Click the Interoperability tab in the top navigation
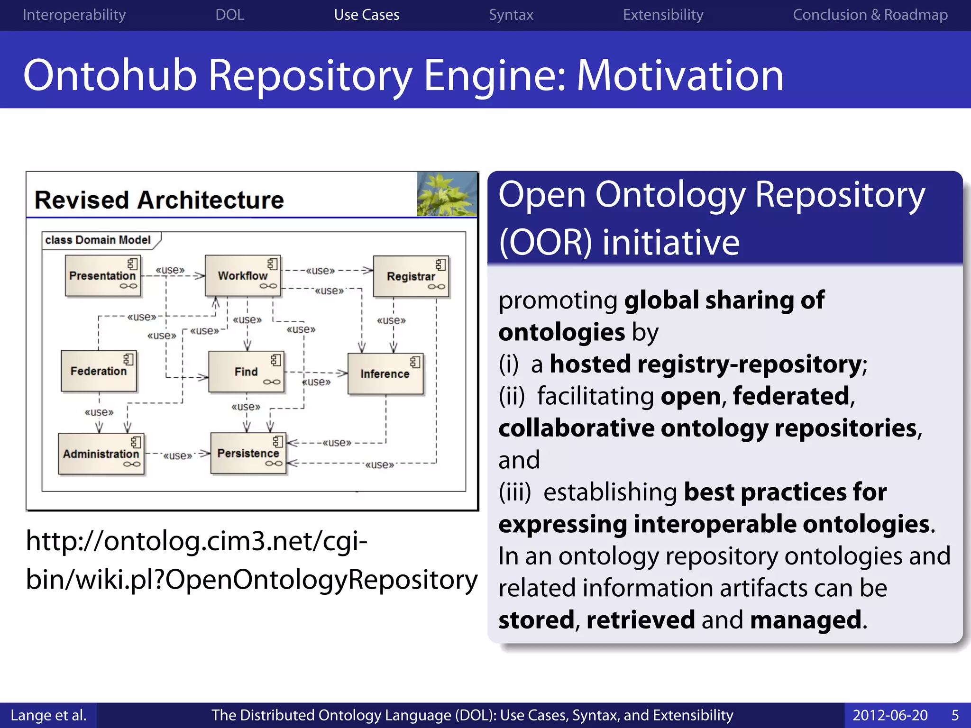point(74,15)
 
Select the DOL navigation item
point(229,15)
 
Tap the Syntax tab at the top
point(511,15)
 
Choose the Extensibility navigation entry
point(663,15)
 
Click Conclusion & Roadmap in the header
point(870,15)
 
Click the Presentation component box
point(103,276)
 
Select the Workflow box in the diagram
point(243,276)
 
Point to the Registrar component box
point(411,276)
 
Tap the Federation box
point(99,371)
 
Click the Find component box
point(246,372)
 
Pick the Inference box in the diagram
point(385,374)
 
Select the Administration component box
point(101,454)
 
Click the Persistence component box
point(248,453)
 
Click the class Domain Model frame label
point(98,240)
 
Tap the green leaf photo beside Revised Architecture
point(447,194)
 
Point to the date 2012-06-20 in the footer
point(890,715)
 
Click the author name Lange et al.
point(48,715)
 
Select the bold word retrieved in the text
point(640,620)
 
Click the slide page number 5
point(955,715)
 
